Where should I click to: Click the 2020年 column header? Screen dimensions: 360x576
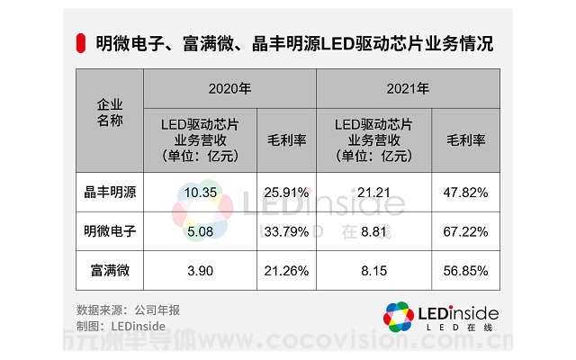[229, 89]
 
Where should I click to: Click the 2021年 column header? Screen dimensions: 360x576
[408, 89]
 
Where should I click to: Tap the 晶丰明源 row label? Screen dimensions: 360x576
[110, 192]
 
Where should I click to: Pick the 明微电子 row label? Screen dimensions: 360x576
[110, 231]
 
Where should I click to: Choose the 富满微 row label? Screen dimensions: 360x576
[110, 270]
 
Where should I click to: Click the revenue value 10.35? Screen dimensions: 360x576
[199, 192]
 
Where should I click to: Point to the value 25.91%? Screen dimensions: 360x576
[286, 192]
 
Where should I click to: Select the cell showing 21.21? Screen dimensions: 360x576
[373, 192]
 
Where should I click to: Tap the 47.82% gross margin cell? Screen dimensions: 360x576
[465, 192]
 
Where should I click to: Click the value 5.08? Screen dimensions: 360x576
[199, 231]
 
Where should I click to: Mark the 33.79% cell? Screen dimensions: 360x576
[286, 231]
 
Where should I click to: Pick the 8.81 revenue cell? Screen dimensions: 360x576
[373, 231]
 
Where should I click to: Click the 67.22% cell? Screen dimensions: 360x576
[465, 231]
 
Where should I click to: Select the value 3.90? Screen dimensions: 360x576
[199, 270]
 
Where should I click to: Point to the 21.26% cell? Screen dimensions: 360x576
[286, 270]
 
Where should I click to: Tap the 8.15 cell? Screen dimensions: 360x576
[373, 270]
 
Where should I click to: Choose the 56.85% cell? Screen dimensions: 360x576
[465, 270]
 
